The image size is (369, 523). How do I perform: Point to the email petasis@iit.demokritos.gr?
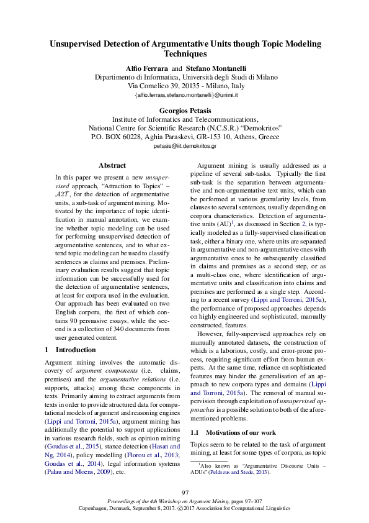184,146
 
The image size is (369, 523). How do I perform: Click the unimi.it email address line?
184,95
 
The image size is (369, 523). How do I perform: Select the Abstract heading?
112,165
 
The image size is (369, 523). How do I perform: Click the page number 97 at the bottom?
185,493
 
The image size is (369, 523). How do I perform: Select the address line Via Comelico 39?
184,86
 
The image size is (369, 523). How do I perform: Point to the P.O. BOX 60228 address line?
184,137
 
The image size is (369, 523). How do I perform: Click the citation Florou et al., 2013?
149,419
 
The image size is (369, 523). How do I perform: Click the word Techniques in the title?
184,55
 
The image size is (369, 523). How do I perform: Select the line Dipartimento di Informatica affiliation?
184,77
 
